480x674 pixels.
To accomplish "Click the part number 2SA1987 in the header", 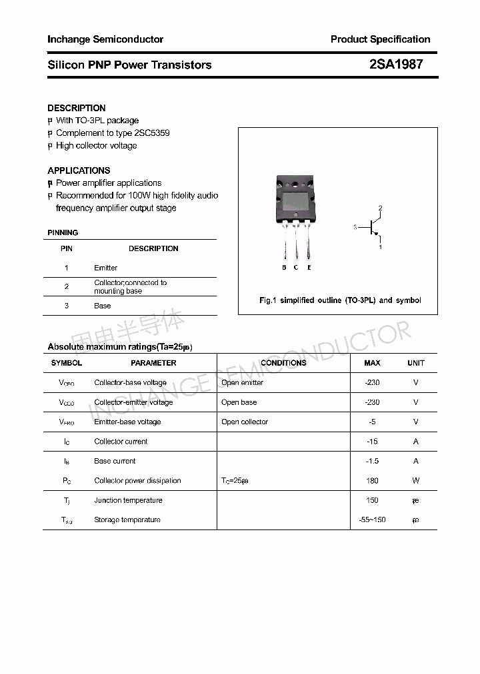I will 395,65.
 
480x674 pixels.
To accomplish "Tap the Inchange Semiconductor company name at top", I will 105,39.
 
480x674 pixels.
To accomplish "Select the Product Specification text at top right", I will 380,39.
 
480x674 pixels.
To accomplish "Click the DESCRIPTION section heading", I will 77,108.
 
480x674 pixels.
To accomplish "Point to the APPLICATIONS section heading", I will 79,170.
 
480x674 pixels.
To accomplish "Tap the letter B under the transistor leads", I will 284,268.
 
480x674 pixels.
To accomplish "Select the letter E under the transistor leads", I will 309,268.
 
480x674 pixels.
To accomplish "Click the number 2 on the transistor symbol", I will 380,208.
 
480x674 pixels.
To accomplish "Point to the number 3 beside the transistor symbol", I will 355,228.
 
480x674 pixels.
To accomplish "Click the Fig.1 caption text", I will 340,300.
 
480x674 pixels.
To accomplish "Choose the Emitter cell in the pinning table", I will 106,268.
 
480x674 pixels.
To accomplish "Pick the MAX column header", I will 372,363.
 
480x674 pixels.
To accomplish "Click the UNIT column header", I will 416,363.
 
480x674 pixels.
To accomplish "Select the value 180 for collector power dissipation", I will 372,481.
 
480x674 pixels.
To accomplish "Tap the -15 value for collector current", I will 372,442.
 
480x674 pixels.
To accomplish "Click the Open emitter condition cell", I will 242,383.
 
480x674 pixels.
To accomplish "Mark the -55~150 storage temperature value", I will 372,519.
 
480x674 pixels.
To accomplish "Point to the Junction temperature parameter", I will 127,500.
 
